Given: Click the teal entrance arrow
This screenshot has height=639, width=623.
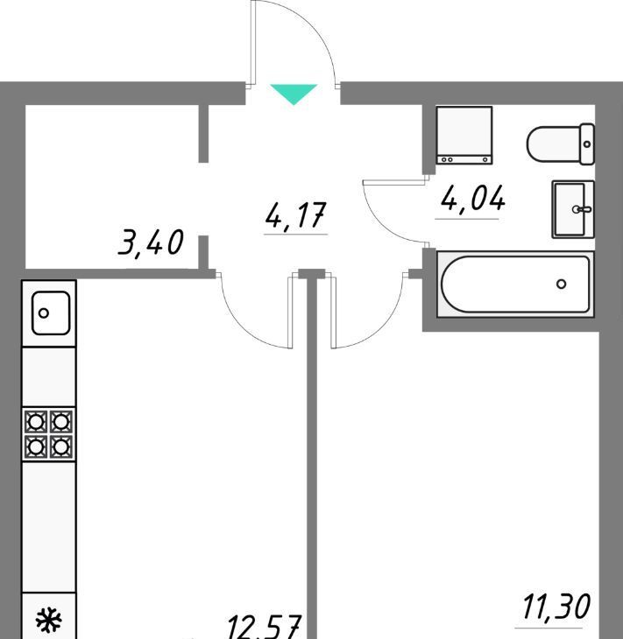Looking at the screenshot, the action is [x=294, y=94].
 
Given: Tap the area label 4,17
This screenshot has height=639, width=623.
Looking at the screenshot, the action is [x=296, y=215].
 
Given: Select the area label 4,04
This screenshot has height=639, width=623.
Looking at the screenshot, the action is [x=473, y=199].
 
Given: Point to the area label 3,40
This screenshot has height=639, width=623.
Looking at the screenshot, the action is [x=151, y=242].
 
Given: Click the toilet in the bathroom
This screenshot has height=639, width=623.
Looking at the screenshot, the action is [x=561, y=144].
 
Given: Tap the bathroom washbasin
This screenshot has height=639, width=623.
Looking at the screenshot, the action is [x=573, y=209].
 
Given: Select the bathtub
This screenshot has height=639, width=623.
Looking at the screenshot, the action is [x=515, y=284].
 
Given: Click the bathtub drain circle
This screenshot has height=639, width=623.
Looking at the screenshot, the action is [x=562, y=284].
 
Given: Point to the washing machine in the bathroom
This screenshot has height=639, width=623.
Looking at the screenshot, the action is [x=464, y=136].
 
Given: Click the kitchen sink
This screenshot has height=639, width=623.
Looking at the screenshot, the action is [x=51, y=313].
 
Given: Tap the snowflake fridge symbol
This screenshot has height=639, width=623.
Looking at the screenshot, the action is [x=48, y=620].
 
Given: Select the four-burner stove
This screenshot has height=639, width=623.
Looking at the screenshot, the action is [x=48, y=434].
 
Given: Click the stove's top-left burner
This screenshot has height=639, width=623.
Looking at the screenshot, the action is [x=36, y=422].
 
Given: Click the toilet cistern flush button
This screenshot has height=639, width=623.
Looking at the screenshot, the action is [x=587, y=144].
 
